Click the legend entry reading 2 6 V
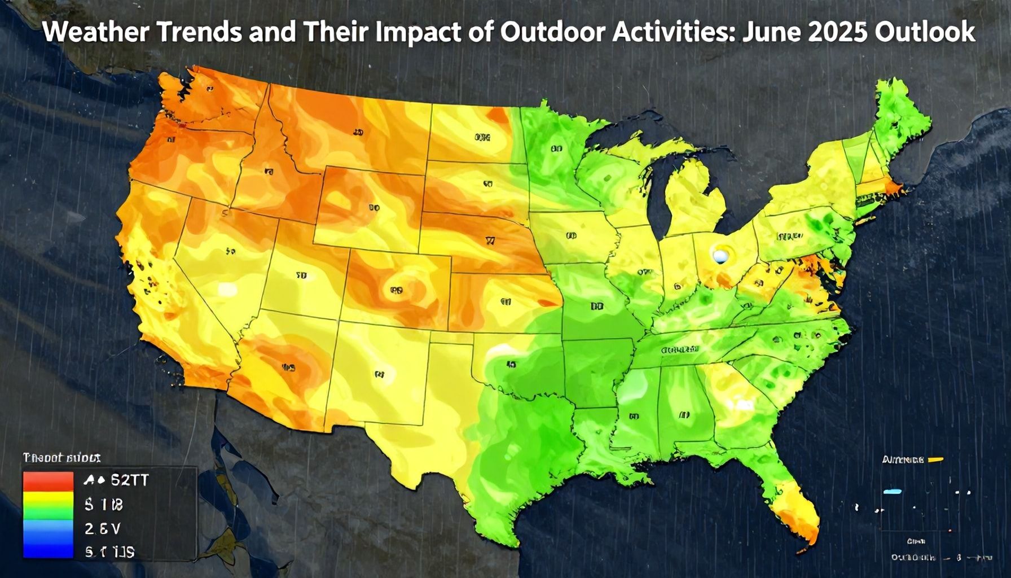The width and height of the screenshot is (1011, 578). pos(102,529)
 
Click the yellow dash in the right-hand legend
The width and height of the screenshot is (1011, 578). pos(935,459)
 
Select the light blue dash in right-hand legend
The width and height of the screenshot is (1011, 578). pos(892,492)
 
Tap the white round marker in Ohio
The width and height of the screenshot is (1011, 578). pos(720,256)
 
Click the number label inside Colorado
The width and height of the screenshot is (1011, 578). pos(396,291)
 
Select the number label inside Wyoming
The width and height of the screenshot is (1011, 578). pos(373,208)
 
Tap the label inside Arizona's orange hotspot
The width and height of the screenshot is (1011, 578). pos(288,367)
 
